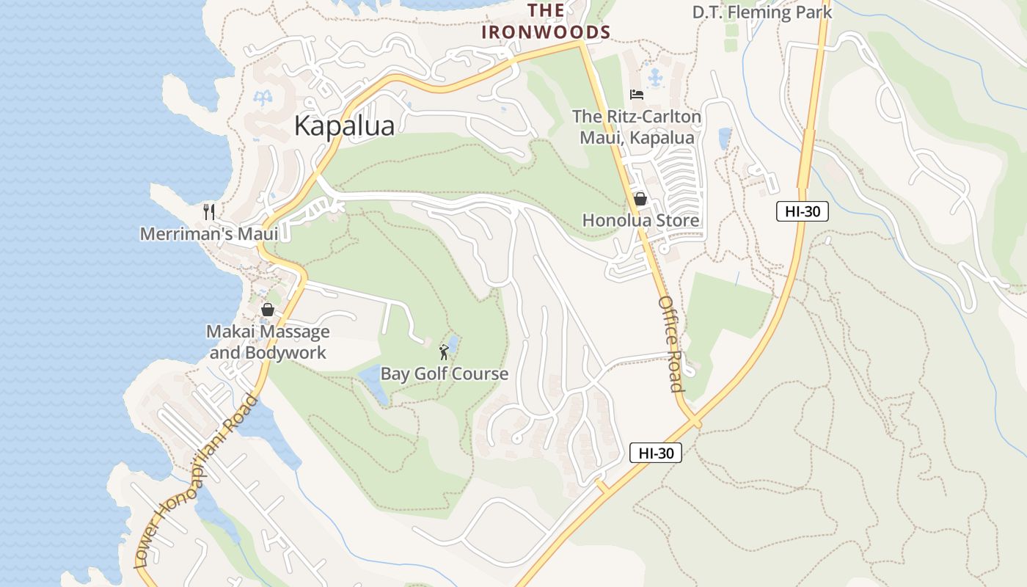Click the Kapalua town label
pyautogui.click(x=344, y=125)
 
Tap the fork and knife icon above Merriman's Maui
pyautogui.click(x=209, y=212)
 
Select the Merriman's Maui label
pyautogui.click(x=209, y=234)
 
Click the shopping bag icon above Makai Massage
pyautogui.click(x=268, y=310)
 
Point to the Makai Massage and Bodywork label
pyautogui.click(x=268, y=342)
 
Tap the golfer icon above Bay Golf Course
pyautogui.click(x=444, y=352)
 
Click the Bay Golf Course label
pyautogui.click(x=444, y=373)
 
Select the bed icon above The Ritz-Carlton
pyautogui.click(x=637, y=95)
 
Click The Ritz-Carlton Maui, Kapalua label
pyautogui.click(x=637, y=127)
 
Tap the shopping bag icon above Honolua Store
pyautogui.click(x=640, y=199)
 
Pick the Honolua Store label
pyautogui.click(x=640, y=220)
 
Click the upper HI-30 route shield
pyautogui.click(x=802, y=211)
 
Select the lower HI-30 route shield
pyautogui.click(x=656, y=453)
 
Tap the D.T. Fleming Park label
pyautogui.click(x=762, y=12)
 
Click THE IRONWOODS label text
pyautogui.click(x=547, y=21)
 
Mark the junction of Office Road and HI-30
pyautogui.click(x=693, y=422)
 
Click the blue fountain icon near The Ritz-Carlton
pyautogui.click(x=655, y=76)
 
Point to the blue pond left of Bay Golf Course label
pyautogui.click(x=373, y=383)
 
